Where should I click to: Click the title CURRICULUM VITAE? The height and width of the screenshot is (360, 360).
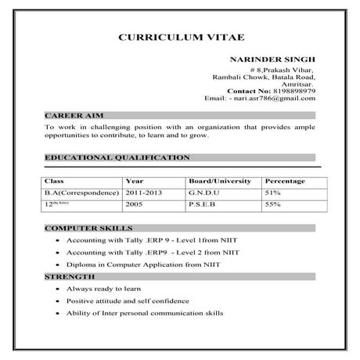click(180, 37)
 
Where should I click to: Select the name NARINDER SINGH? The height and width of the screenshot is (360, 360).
click(273, 59)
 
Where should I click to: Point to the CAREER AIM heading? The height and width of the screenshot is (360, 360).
click(70, 114)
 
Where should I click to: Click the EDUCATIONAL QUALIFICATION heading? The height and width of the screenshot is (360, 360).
click(117, 157)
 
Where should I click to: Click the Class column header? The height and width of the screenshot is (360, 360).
click(56, 181)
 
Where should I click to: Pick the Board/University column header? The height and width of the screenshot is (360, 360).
click(220, 181)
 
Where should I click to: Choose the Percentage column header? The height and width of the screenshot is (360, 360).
click(284, 181)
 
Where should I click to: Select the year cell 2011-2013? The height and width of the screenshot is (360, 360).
click(144, 192)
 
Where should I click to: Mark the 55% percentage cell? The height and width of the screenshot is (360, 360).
click(273, 204)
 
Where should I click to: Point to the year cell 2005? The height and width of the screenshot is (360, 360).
click(135, 204)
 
